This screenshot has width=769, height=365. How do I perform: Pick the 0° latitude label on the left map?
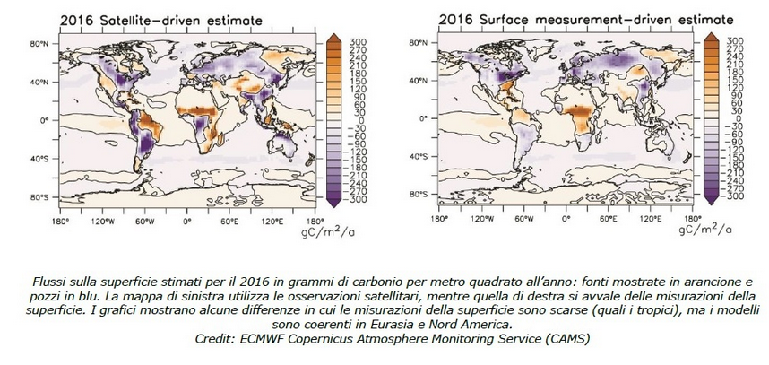click(45, 118)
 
